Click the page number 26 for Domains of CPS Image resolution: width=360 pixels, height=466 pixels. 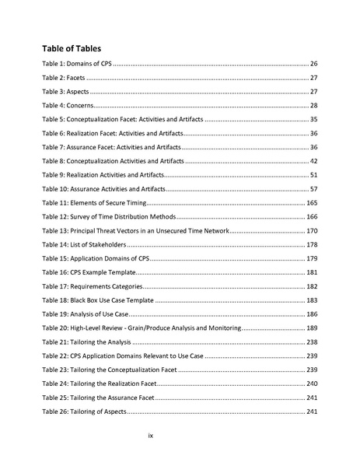(313, 63)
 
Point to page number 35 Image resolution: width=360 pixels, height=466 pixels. (313, 119)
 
